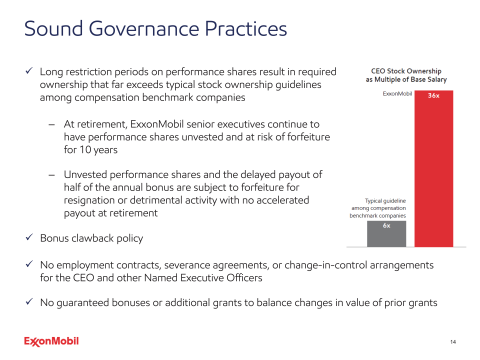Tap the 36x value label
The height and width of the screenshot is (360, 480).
click(x=433, y=95)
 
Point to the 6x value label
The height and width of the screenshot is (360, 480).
click(x=386, y=225)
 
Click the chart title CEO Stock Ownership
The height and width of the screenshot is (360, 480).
click(x=406, y=71)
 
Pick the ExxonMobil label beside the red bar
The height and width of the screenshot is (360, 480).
click(x=397, y=93)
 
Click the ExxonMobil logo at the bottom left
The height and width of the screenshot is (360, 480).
click(x=51, y=341)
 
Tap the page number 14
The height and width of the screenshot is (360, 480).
click(x=453, y=342)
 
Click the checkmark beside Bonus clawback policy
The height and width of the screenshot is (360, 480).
click(x=29, y=237)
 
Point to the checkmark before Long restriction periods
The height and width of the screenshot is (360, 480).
click(x=29, y=72)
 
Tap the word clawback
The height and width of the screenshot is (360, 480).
click(x=94, y=238)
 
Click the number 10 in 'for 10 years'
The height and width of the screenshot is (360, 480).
click(x=85, y=150)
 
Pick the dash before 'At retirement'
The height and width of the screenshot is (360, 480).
click(x=52, y=124)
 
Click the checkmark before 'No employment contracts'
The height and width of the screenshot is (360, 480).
click(x=29, y=264)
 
